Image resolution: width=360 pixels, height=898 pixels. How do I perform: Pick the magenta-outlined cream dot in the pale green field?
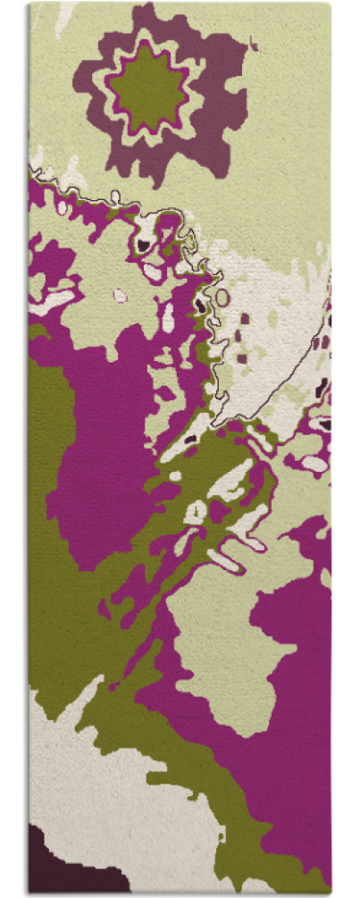121,295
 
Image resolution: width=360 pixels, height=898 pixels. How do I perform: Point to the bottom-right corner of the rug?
331,891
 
